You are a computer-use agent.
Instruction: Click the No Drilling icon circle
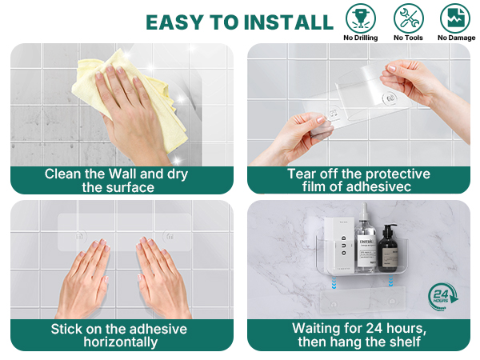click(x=361, y=18)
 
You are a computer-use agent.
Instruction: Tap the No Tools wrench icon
click(x=409, y=18)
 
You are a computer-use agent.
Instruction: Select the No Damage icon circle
click(x=456, y=18)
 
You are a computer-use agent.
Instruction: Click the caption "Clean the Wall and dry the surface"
click(x=122, y=180)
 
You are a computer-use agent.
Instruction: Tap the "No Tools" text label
click(x=409, y=38)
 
